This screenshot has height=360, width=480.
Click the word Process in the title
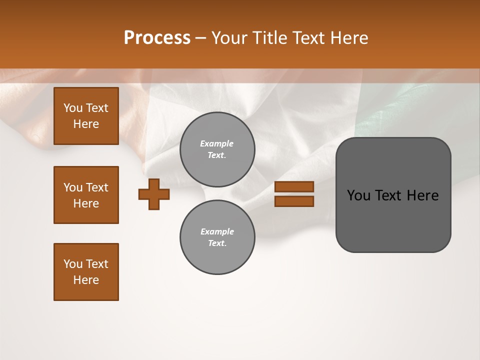pos(157,38)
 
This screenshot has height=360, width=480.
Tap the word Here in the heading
pos(348,38)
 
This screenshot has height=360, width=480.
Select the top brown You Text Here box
pos(86,116)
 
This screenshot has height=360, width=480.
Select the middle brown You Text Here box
pos(86,195)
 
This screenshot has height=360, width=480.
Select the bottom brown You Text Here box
pos(86,271)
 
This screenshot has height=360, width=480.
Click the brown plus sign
pos(154,194)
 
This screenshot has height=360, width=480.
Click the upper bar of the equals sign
pos(294,187)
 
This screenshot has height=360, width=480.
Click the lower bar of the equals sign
pos(294,201)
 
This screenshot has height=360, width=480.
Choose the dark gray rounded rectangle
pos(393,220)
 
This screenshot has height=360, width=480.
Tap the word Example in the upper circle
pos(216,143)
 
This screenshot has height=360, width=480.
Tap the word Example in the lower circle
pos(217,231)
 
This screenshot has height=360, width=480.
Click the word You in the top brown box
pos(73,108)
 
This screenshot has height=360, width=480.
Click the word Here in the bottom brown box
pos(86,280)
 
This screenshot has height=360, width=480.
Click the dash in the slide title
pos(201,38)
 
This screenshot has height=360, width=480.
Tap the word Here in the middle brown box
pos(86,203)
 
